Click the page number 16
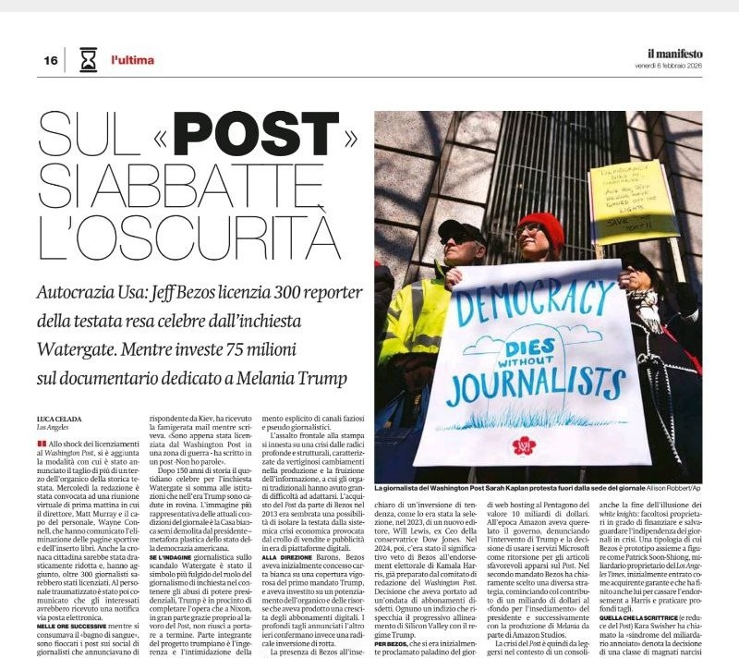(x=50, y=61)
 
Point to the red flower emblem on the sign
(x=525, y=445)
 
